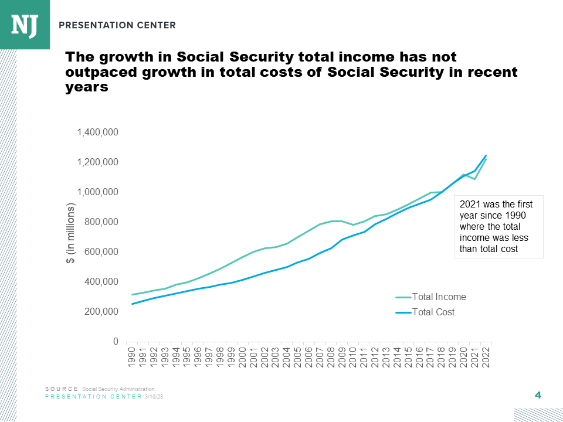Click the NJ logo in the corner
tap(25, 25)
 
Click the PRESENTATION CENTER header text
tap(117, 25)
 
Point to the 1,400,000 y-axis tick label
tap(98, 132)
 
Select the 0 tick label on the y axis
tap(116, 342)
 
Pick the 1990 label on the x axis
tap(133, 357)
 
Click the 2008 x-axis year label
tap(330, 357)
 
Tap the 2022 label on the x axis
tap(485, 357)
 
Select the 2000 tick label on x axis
tap(242, 357)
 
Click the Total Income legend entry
tap(438, 297)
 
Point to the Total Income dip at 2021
tap(474, 179)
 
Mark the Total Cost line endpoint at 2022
tap(486, 156)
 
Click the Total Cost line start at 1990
tap(133, 304)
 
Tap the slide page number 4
tap(537, 395)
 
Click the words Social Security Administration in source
tap(119, 389)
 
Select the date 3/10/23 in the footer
tap(154, 397)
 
